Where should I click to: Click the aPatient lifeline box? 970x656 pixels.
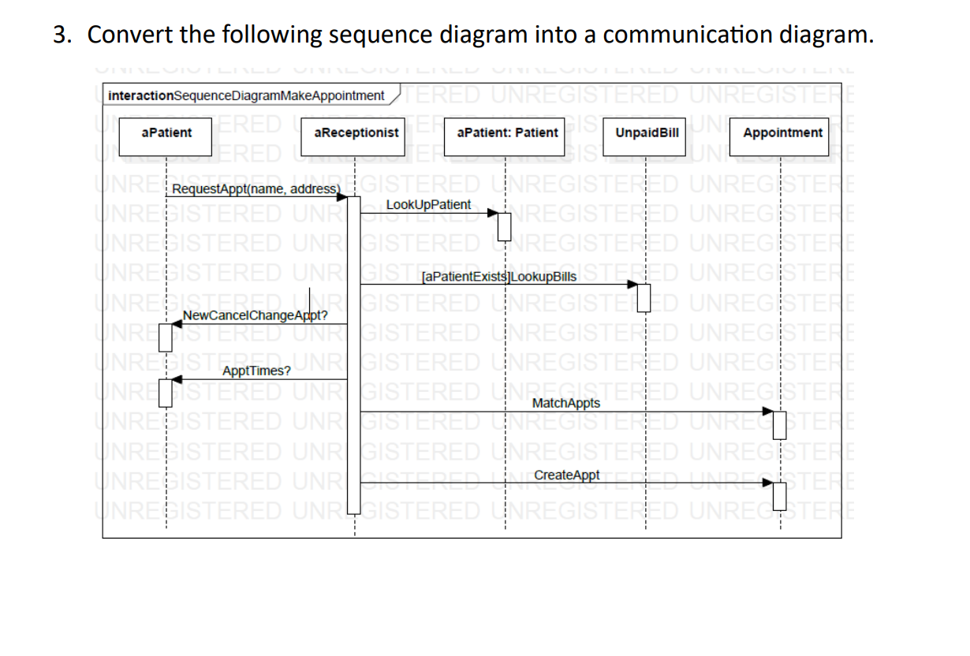[x=166, y=132]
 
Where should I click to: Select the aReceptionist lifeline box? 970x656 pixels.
[x=356, y=132]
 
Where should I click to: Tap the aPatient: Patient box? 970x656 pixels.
[x=507, y=132]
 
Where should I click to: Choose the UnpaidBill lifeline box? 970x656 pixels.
[x=646, y=132]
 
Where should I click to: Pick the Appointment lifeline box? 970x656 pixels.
[x=782, y=132]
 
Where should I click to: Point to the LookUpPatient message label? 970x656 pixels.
[x=428, y=204]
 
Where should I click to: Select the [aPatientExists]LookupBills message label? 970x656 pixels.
[x=499, y=277]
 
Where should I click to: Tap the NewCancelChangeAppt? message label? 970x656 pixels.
[x=255, y=316]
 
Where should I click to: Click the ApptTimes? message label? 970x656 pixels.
[x=256, y=371]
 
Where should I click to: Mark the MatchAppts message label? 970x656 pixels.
[x=565, y=403]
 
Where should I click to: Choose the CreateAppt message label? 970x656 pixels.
[x=566, y=475]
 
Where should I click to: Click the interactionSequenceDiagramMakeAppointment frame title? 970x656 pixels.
[x=246, y=95]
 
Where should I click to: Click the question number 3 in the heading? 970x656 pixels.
[x=60, y=35]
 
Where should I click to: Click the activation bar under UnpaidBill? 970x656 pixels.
[x=645, y=296]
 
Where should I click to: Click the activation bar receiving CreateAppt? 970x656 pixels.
[x=781, y=494]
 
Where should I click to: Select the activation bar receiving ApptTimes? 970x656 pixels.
[x=165, y=392]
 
